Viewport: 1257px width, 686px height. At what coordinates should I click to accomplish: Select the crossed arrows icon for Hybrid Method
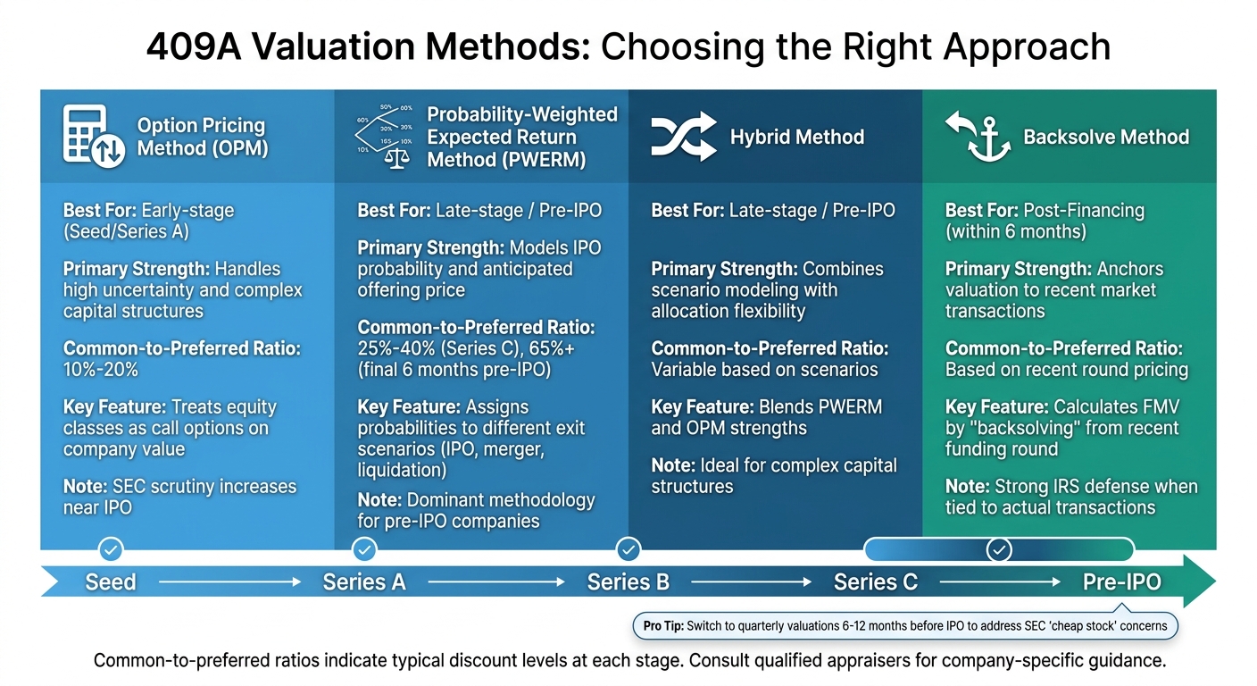pos(684,137)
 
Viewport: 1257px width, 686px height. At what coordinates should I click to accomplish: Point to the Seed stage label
pos(111,582)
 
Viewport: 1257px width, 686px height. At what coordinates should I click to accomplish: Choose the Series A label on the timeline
pos(364,582)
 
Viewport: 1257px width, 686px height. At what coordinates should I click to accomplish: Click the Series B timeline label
pos(628,582)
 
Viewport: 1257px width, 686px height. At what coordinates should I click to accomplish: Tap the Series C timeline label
pos(875,582)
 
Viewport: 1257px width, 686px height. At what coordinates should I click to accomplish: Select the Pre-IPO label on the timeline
pos(1121,582)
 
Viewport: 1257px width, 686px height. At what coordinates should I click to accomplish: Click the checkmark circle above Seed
pos(111,548)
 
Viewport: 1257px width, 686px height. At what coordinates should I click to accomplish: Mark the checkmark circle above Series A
pos(364,548)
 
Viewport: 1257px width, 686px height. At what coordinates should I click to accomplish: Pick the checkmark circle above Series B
pos(628,548)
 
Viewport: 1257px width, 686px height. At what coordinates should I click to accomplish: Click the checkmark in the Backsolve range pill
pos(999,549)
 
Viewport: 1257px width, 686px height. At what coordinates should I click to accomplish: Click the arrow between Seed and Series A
pos(230,582)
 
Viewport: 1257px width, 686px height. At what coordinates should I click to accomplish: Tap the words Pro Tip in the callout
pos(663,626)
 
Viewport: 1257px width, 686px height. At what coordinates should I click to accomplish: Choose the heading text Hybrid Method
pos(796,138)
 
